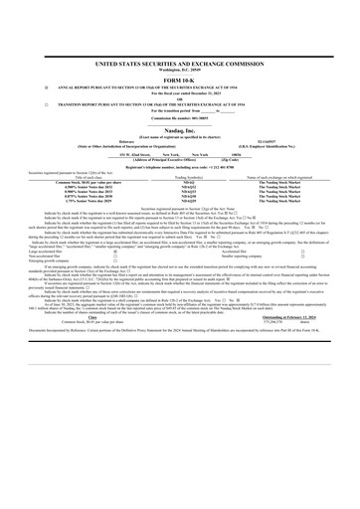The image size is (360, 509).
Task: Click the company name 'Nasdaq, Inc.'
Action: click(x=181, y=132)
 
